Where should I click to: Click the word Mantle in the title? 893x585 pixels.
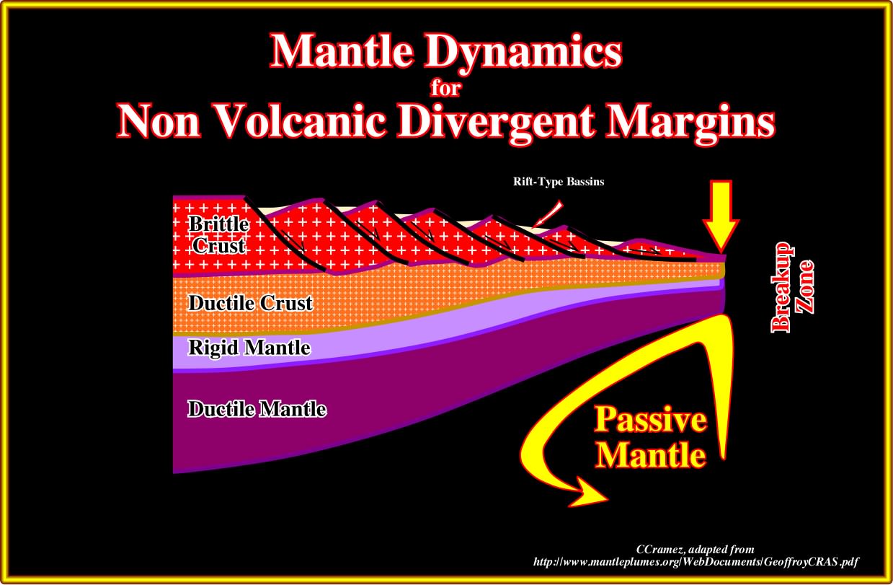tap(342, 51)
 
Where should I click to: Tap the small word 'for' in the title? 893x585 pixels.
tap(445, 88)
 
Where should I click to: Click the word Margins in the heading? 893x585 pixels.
tap(690, 123)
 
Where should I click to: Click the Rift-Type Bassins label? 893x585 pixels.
tap(559, 182)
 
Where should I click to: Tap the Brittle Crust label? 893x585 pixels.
tap(219, 234)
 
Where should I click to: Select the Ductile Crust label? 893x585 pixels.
tap(250, 303)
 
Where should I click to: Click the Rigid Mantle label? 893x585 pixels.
tap(249, 348)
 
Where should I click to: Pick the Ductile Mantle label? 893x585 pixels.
tap(257, 409)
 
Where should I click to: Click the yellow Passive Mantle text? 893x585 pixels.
tap(651, 437)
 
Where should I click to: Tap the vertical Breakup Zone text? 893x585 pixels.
tap(792, 287)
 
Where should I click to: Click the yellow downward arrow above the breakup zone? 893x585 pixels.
tap(721, 216)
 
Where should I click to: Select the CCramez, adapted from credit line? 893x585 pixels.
tap(695, 550)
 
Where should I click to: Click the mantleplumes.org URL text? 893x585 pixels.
tap(696, 562)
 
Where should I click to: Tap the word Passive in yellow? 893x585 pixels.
tap(651, 421)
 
